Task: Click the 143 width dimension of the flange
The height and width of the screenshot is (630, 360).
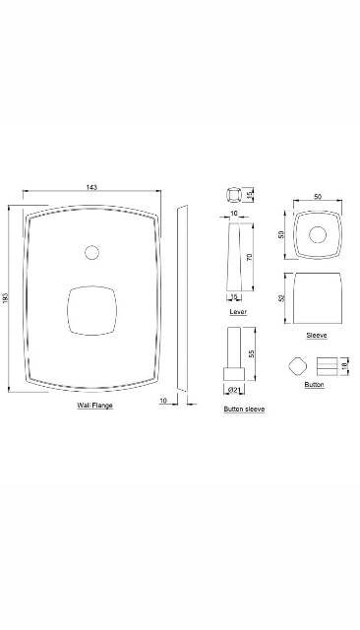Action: click(91, 187)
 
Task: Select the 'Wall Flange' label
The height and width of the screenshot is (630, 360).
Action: click(94, 406)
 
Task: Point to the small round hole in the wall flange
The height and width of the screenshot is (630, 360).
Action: click(92, 253)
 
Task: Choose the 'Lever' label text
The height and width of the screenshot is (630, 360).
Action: click(237, 310)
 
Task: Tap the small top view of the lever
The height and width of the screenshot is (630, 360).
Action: click(236, 193)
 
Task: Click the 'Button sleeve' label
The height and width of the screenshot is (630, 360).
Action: click(244, 408)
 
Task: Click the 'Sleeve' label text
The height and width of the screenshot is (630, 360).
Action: click(316, 335)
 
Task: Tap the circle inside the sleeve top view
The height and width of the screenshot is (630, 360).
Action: click(317, 235)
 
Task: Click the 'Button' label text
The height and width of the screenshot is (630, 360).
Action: click(314, 384)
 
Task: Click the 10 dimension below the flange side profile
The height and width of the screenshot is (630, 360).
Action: click(162, 400)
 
